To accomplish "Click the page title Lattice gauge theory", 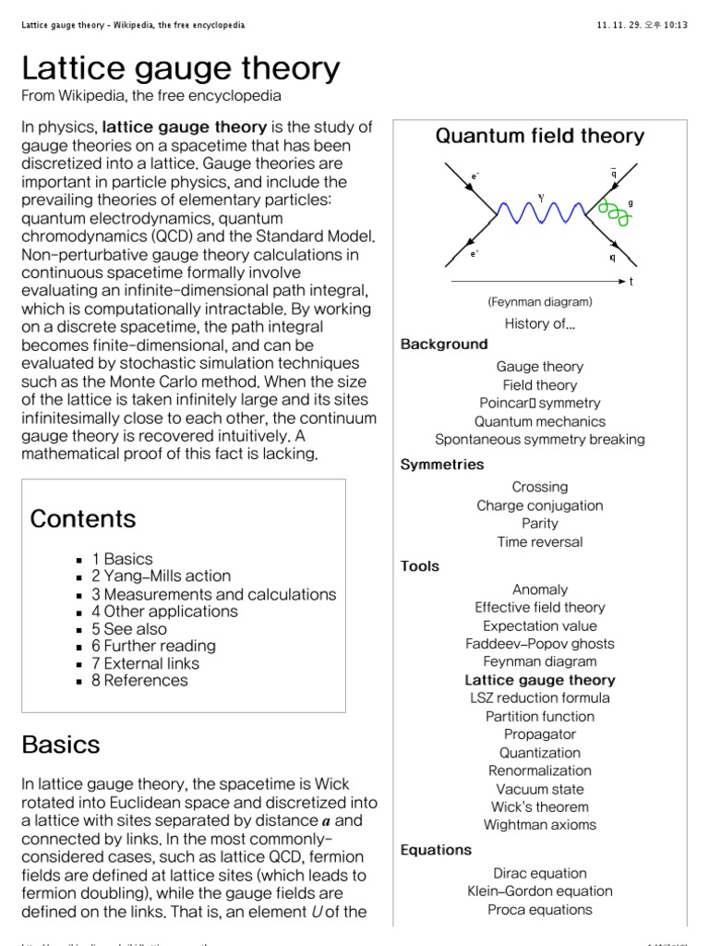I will click(180, 68).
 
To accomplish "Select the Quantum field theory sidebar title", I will click(539, 137).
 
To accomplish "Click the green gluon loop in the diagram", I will click(613, 212).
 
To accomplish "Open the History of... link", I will click(540, 323).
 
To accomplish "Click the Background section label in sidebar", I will click(444, 345).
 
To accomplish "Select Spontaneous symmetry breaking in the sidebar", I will click(540, 440).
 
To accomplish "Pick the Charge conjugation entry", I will click(540, 505).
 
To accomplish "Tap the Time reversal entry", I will click(540, 542).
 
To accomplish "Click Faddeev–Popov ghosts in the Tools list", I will click(540, 644).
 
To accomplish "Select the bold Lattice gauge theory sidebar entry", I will click(540, 680).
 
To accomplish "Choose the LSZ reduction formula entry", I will click(540, 698).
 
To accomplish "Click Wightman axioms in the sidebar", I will click(540, 825).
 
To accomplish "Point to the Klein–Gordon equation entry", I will click(540, 891).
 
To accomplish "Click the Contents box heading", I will click(83, 519).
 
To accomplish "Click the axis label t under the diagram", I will click(631, 282).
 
